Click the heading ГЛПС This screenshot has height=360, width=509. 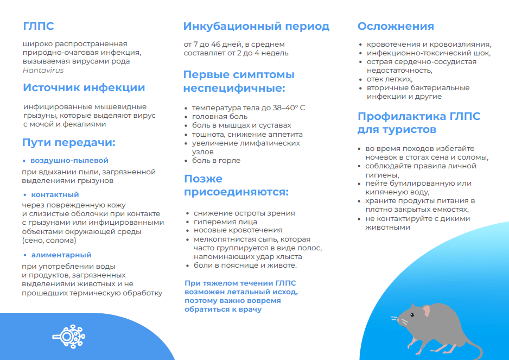pos(39,26)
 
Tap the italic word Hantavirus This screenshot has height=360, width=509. pos(43,70)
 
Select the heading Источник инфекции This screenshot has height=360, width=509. pos(84,87)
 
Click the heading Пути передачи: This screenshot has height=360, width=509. pos(69,143)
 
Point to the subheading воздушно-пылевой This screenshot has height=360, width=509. pos(69,161)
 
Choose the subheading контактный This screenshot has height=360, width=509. pos(55,194)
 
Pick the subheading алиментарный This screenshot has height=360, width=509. pos(61,255)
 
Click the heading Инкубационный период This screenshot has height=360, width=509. pos(256,26)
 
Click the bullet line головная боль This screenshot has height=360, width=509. pos(220,117)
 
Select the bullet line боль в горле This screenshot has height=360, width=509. pos(216,161)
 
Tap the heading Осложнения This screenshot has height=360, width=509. pos(396,26)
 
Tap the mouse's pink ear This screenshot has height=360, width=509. pos(427,311)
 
